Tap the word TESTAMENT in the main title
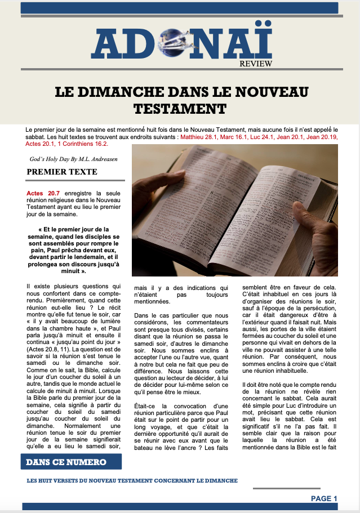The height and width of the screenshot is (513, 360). [x=180, y=108]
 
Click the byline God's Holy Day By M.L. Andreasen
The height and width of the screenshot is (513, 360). [x=74, y=159]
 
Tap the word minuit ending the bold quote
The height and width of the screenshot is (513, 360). [x=69, y=271]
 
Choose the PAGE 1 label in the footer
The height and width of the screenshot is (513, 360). [x=324, y=498]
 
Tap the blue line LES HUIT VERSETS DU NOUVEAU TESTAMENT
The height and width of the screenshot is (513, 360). [x=132, y=481]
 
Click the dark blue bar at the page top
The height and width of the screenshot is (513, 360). [x=180, y=8]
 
